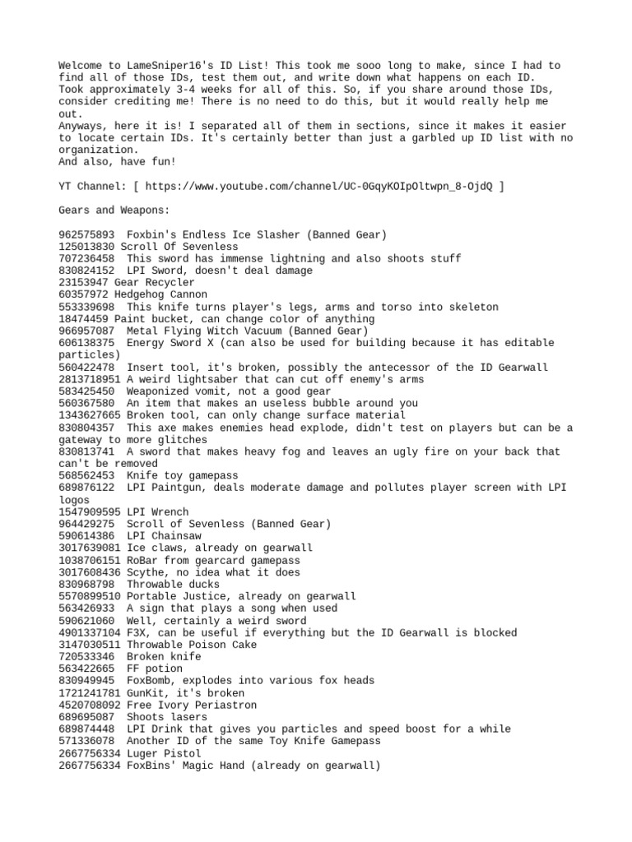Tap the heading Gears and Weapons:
[x=108, y=210]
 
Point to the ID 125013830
[x=86, y=247]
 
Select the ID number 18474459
[x=83, y=319]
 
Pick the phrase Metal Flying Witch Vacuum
[x=204, y=331]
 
